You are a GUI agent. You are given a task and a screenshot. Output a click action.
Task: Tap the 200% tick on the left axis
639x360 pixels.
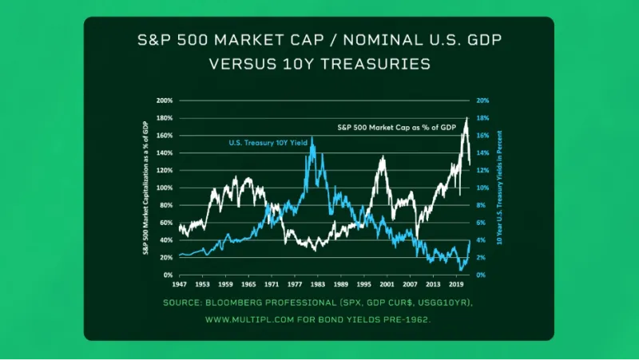(165, 101)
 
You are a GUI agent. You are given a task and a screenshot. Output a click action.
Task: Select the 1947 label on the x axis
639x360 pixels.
(179, 283)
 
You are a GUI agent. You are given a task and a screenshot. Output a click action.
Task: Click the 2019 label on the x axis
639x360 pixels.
(456, 283)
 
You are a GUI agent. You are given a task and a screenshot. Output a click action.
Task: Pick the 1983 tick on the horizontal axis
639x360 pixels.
(318, 283)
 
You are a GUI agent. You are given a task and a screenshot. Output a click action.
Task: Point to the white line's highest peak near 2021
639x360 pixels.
(466, 118)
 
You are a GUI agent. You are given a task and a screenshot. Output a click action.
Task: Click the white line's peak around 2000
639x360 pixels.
(383, 157)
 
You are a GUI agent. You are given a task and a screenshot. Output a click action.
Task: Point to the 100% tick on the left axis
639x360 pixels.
(165, 188)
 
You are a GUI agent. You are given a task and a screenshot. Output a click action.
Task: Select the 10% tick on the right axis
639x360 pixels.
(482, 188)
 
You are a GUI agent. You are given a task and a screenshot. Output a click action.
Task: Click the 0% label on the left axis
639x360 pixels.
(168, 275)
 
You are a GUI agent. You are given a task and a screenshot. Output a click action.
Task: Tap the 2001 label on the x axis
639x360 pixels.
(387, 283)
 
